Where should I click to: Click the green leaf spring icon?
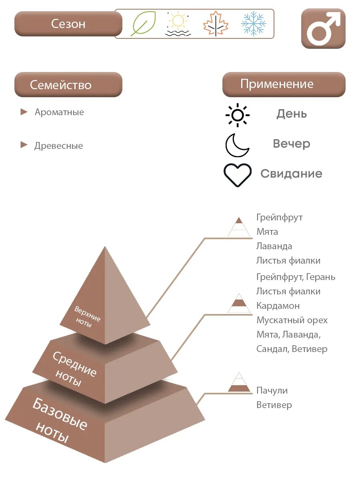tap(143, 24)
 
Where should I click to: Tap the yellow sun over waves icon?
tap(178, 24)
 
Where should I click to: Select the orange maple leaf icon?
tap(216, 24)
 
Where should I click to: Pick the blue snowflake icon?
tap(254, 24)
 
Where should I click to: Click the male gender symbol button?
tap(323, 29)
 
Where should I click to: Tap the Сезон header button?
tap(68, 24)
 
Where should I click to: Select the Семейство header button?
tap(68, 85)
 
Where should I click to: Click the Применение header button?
tap(284, 84)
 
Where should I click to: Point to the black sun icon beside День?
tap(238, 115)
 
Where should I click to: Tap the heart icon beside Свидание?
tap(238, 175)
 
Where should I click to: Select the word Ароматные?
tap(59, 112)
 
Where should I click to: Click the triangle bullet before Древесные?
tap(24, 145)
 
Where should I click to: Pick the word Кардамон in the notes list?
tap(278, 306)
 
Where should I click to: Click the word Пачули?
tap(272, 391)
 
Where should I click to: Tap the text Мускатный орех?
tap(292, 320)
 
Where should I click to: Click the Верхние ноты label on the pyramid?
tap(87, 316)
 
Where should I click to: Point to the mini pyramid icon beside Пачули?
tap(239, 383)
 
